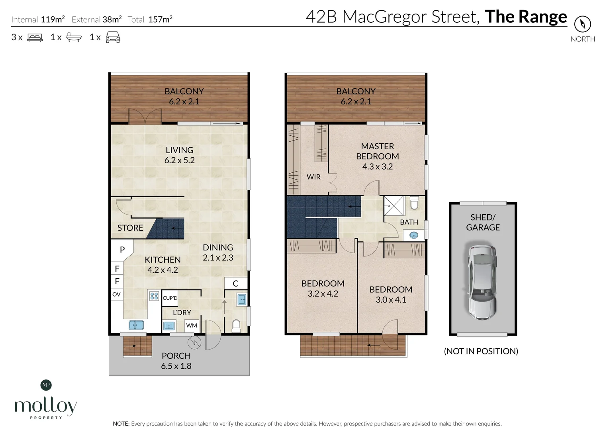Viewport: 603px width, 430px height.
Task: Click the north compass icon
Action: coord(582,24)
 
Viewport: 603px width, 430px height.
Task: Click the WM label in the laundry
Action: coord(192,325)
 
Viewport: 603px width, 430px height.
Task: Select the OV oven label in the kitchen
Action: coord(116,295)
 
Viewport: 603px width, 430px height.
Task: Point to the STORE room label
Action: coord(130,228)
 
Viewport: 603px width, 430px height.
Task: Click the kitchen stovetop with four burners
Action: coord(154,296)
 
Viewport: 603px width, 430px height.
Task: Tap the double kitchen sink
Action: coord(136,325)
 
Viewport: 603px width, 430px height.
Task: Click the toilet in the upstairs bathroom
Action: coord(414,203)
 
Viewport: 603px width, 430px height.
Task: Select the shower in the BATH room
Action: coord(394,206)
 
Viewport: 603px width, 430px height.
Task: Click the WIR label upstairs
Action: coord(313,177)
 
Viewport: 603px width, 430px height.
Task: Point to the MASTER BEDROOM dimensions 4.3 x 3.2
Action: coord(377,167)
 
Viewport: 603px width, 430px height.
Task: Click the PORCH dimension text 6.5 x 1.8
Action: coord(176,366)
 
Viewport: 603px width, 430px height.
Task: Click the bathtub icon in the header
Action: coord(74,37)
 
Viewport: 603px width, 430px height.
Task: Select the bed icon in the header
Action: coord(35,37)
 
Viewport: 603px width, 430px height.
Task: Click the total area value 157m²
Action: coord(160,20)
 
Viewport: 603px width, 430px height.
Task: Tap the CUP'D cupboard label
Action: coord(170,298)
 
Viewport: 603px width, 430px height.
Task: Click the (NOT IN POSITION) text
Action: coord(481,351)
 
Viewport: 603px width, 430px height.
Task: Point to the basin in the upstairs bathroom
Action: coord(414,235)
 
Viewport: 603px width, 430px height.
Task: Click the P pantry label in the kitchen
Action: coord(122,250)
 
